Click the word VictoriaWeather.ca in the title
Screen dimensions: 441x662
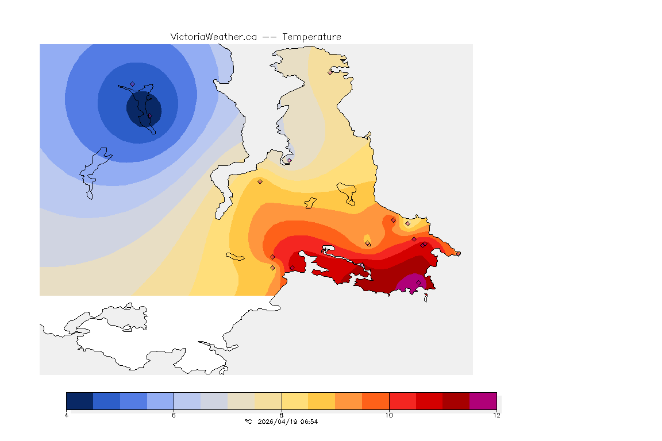213,37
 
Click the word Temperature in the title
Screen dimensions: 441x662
311,37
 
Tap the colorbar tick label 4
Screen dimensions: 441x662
67,415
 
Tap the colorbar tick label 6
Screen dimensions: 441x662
174,415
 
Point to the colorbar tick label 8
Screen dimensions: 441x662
282,415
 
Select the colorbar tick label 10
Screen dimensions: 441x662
389,415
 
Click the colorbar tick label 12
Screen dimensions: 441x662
496,415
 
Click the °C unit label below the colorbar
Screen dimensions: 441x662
248,421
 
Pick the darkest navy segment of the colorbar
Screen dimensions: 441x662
80,400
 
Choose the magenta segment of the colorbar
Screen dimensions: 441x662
483,400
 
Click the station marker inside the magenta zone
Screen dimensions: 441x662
418,282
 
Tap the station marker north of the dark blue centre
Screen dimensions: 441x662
132,84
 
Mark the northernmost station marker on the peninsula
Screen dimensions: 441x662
330,72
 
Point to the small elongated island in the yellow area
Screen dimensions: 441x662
236,256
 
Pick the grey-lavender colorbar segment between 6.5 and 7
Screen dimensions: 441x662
214,400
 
